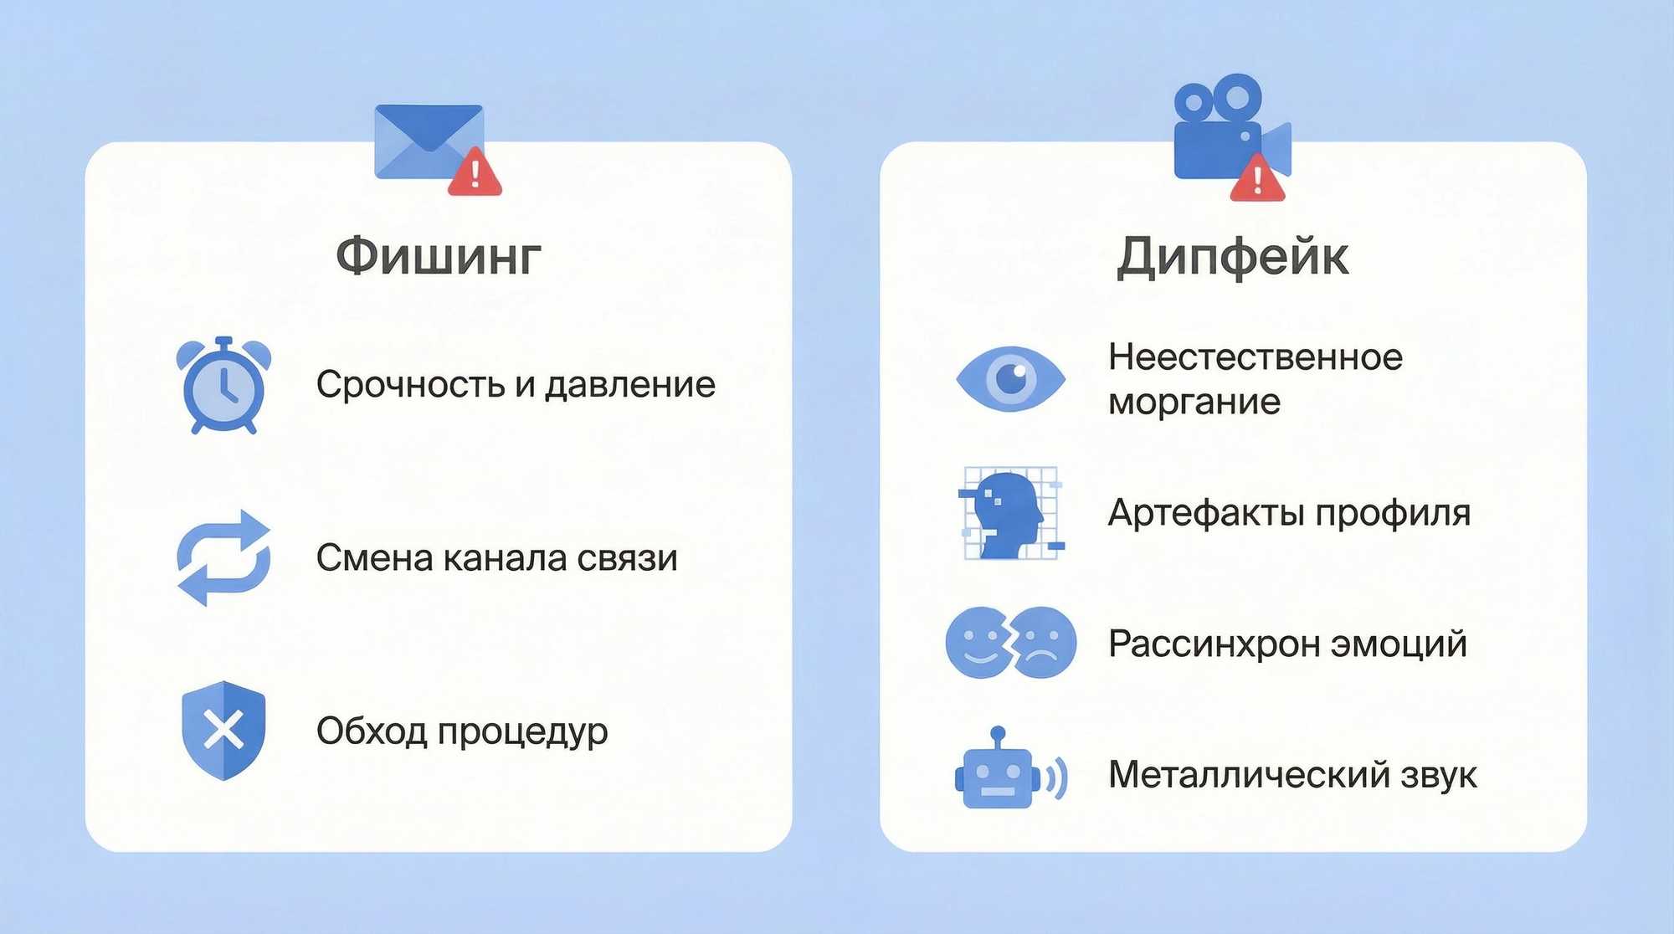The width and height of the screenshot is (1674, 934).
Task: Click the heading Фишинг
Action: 439,255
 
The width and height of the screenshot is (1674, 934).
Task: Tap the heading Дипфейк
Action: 1232,256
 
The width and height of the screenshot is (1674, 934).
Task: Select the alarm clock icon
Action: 223,386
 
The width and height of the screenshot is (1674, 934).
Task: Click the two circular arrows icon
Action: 223,557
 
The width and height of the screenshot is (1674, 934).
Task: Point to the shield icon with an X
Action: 223,731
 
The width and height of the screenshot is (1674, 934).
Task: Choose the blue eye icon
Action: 1010,378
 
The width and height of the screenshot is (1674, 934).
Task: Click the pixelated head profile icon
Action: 1011,514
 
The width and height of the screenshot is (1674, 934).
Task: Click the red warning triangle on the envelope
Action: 475,174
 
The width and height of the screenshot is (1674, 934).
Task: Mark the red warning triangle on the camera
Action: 1257,178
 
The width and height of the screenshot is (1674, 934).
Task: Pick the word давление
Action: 630,385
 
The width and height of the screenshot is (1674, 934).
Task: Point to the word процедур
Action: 522,732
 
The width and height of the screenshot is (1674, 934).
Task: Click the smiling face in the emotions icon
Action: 978,643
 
